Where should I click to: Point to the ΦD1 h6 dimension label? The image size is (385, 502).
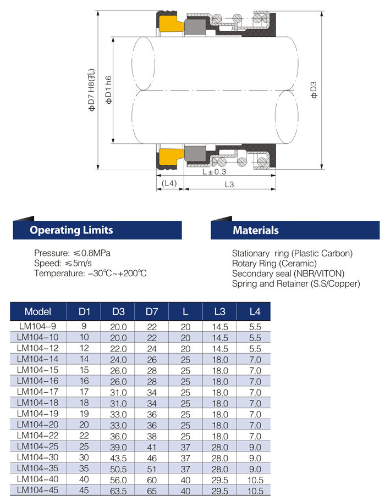(109, 90)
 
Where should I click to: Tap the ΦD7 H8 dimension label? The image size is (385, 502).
(92, 90)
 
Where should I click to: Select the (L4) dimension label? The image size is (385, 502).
(169, 183)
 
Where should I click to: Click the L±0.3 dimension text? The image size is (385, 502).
(214, 171)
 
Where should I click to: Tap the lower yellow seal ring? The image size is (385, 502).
(170, 156)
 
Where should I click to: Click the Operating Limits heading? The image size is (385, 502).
(71, 230)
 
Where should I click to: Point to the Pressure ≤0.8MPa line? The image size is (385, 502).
(75, 253)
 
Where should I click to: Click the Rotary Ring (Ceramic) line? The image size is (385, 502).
(274, 263)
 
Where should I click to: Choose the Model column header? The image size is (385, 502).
(38, 312)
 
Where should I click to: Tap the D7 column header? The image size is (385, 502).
(152, 312)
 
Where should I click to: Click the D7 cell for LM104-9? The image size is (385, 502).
(152, 326)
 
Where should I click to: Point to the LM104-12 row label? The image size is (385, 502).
(38, 348)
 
